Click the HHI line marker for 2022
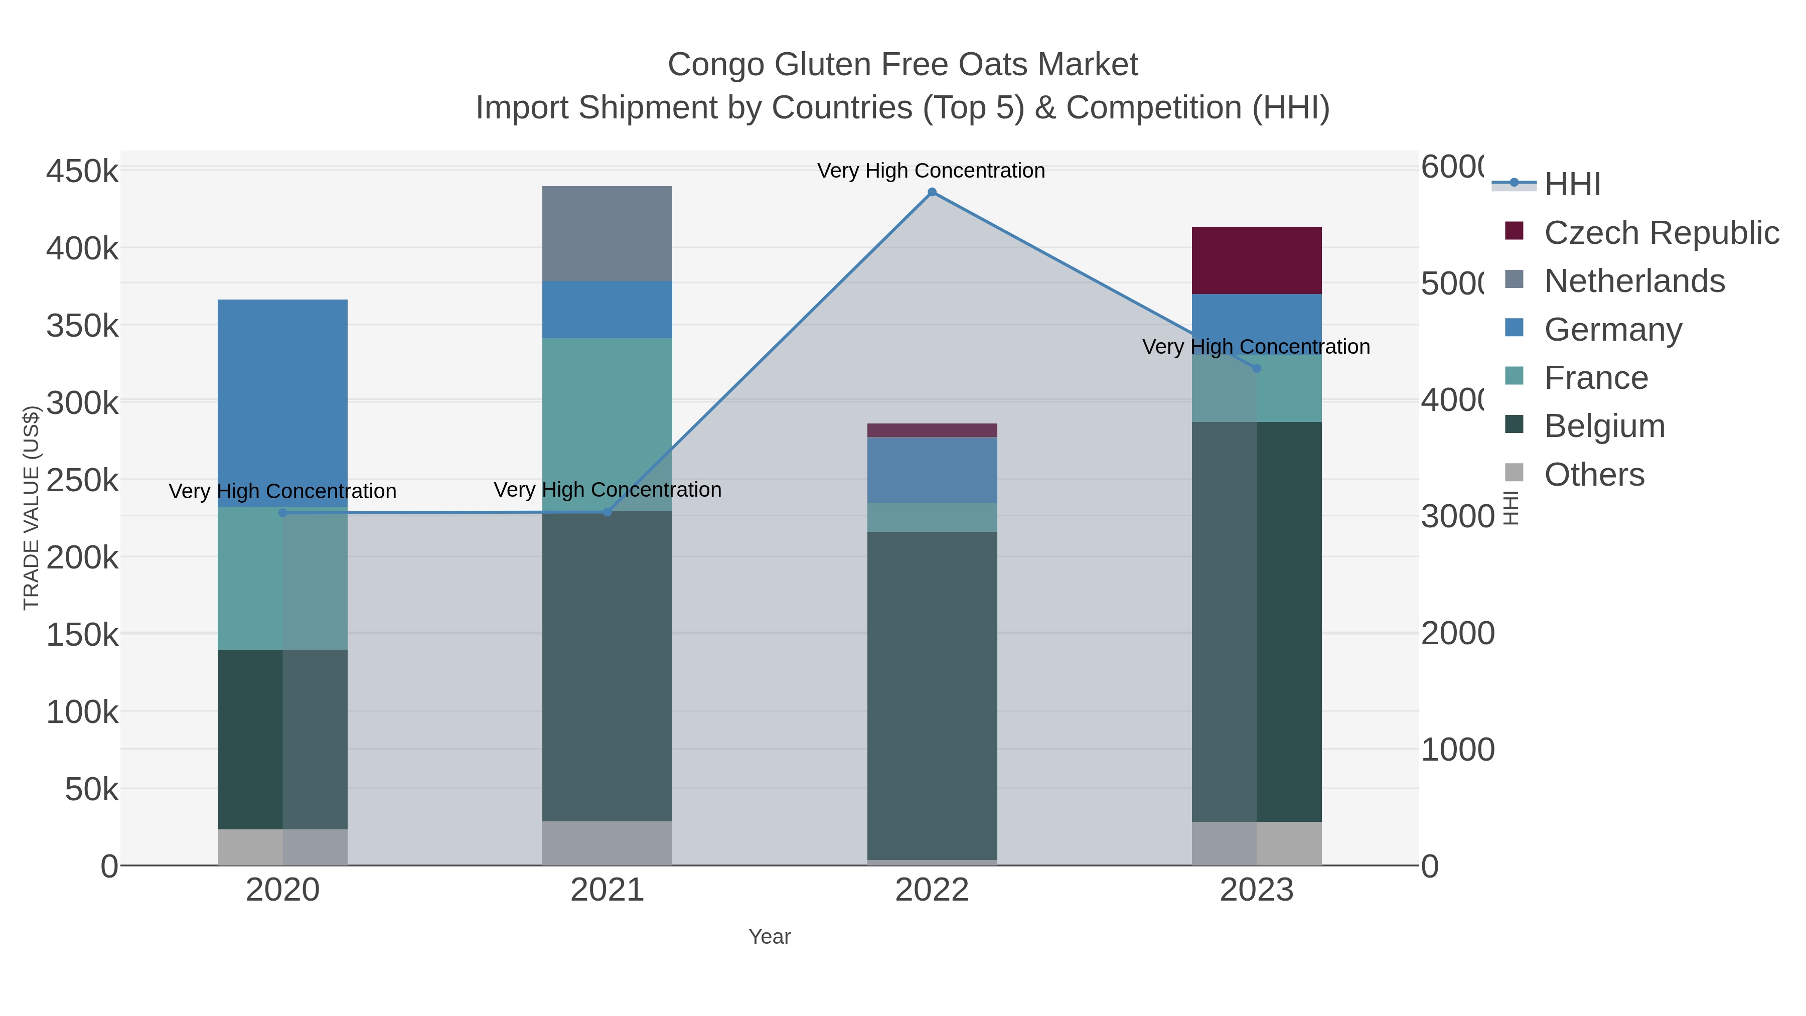[932, 192]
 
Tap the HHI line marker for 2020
[282, 513]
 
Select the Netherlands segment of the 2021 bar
[607, 233]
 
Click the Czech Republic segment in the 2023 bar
[1256, 260]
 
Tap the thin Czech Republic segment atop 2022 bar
[932, 430]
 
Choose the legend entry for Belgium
[1604, 426]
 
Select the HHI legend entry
[1572, 185]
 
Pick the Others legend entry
[1594, 475]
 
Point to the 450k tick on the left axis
[82, 171]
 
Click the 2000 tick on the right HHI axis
[1457, 633]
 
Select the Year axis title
[769, 937]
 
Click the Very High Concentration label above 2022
[931, 171]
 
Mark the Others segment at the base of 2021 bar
[607, 843]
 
